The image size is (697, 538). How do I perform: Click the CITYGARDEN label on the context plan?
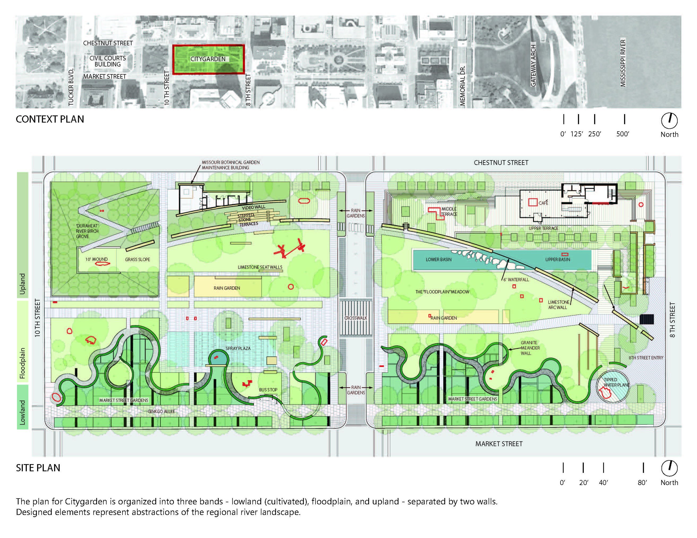pyautogui.click(x=208, y=59)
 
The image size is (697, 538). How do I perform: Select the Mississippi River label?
pyautogui.click(x=623, y=63)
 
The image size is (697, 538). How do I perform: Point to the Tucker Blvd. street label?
pyautogui.click(x=71, y=87)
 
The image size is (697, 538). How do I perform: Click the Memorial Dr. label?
pyautogui.click(x=463, y=86)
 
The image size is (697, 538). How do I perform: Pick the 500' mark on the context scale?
pyautogui.click(x=623, y=134)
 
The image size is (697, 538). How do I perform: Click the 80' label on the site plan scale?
pyautogui.click(x=642, y=483)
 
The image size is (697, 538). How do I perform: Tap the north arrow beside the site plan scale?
pyautogui.click(x=669, y=468)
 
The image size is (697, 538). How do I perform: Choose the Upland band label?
pyautogui.click(x=22, y=284)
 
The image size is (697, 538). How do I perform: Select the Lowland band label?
pyautogui.click(x=22, y=412)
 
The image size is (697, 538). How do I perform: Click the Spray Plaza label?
pyautogui.click(x=238, y=348)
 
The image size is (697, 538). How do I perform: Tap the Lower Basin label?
pyautogui.click(x=438, y=259)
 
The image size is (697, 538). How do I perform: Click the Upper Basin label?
pyautogui.click(x=558, y=259)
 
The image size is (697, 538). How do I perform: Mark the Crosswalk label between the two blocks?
pyautogui.click(x=356, y=318)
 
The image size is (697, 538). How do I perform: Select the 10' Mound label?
pyautogui.click(x=96, y=259)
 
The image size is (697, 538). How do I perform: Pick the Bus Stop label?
pyautogui.click(x=268, y=390)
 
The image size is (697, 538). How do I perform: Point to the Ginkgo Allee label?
pyautogui.click(x=161, y=411)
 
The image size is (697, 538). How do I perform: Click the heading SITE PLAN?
pyautogui.click(x=38, y=468)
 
